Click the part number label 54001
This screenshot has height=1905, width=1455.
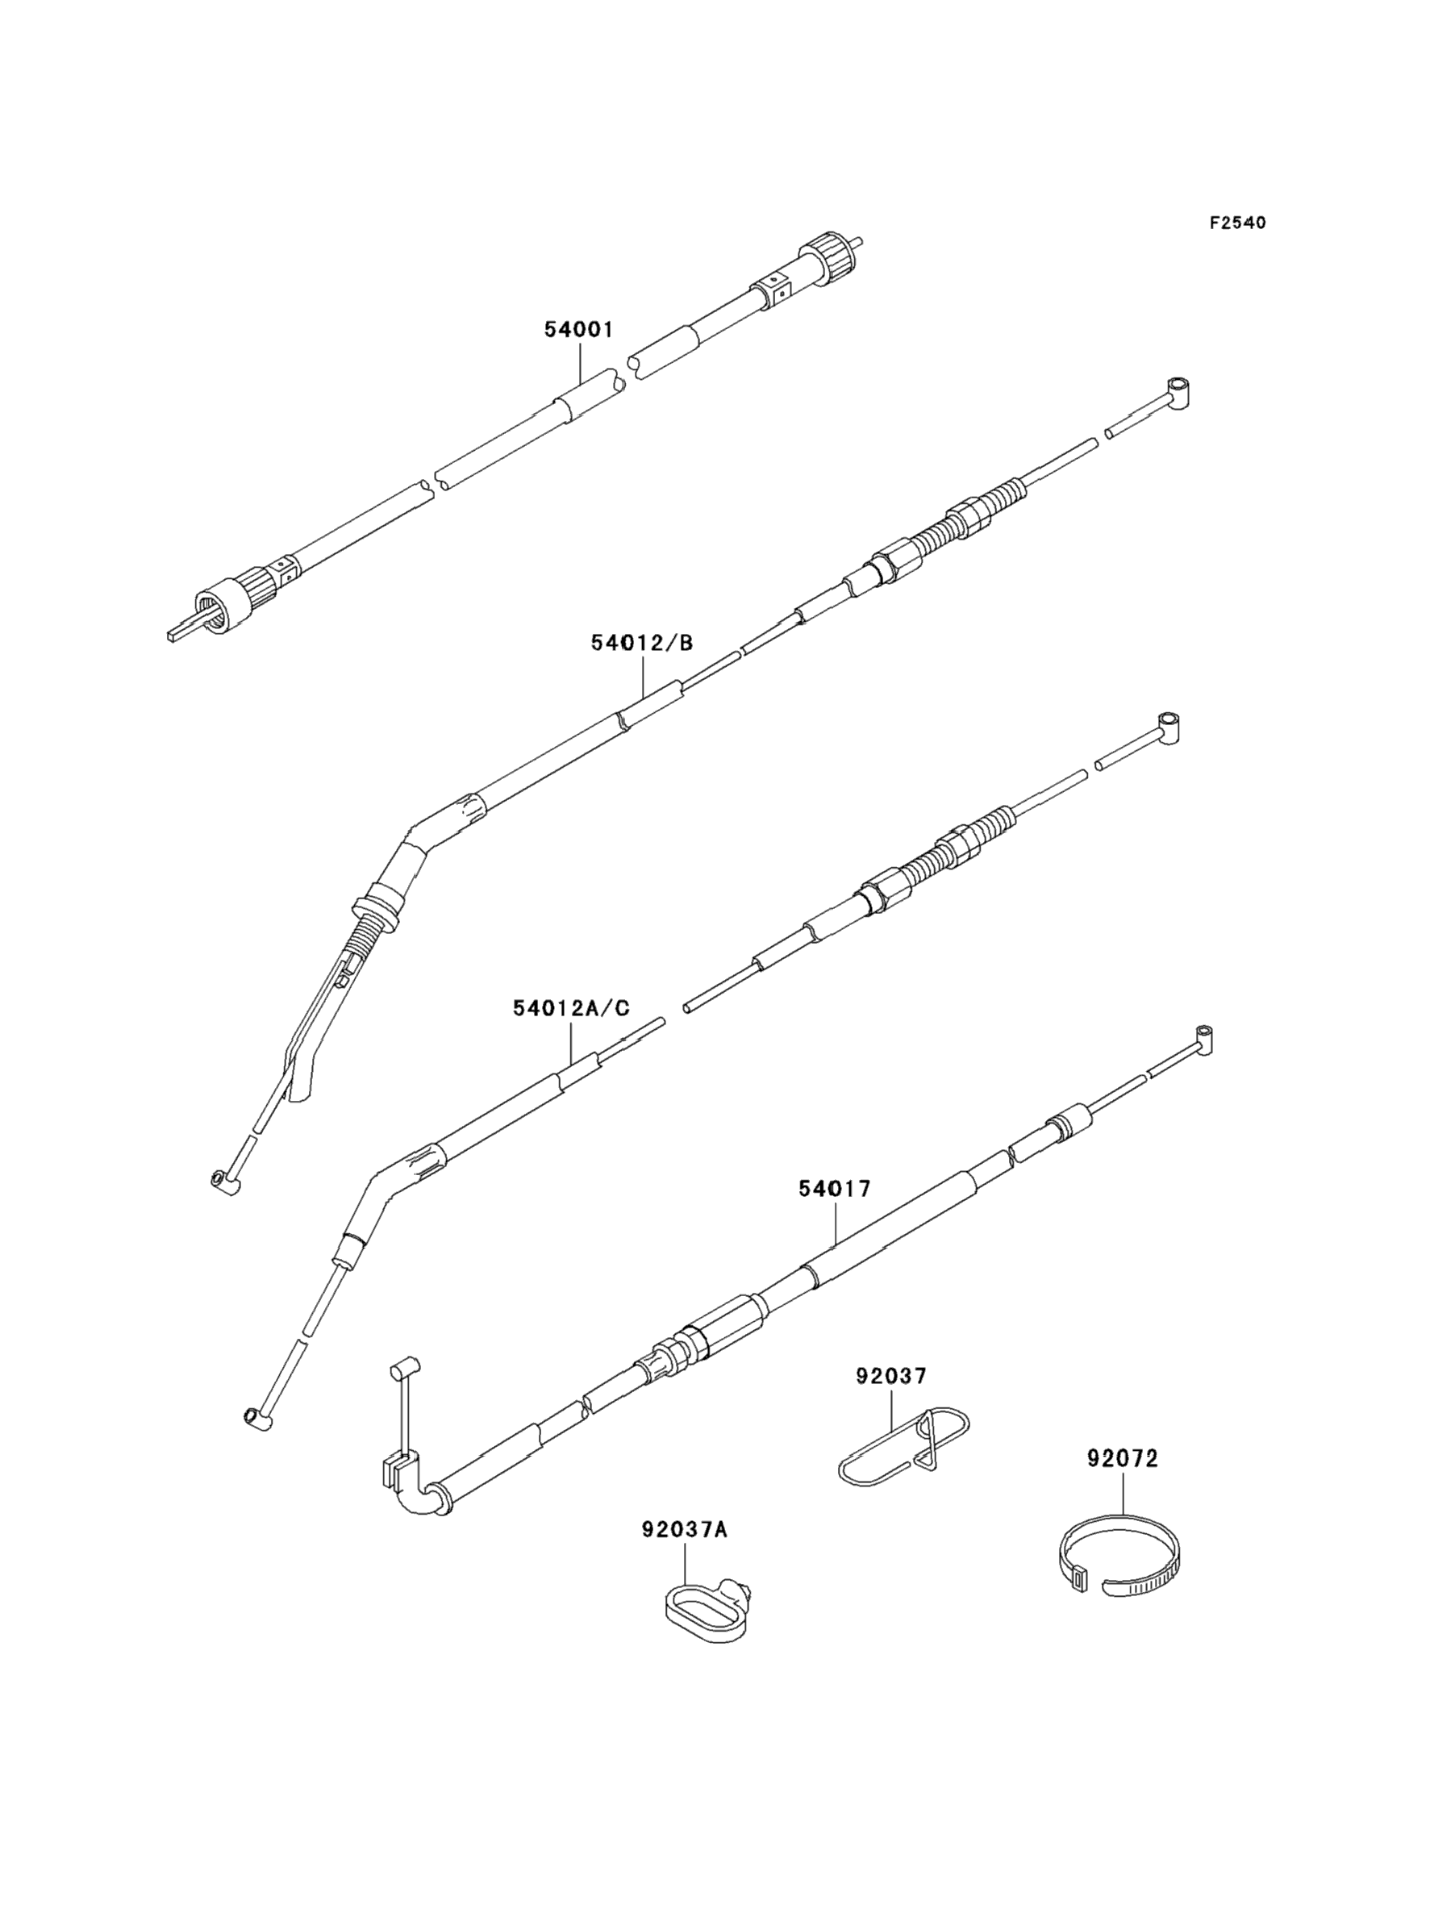coord(577,330)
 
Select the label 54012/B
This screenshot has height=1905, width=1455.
coord(642,643)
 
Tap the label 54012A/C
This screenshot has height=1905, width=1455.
coord(571,1008)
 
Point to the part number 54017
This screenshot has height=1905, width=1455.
coord(834,1189)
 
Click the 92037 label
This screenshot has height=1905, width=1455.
coord(891,1375)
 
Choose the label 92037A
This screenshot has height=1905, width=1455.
coord(684,1530)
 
